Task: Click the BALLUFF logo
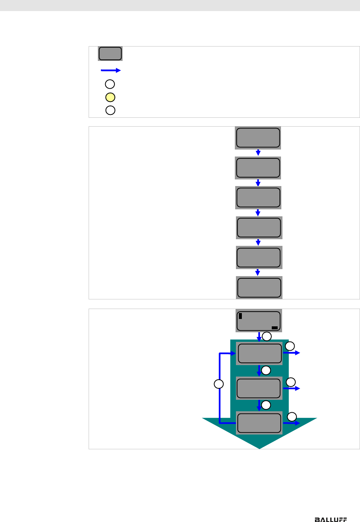tap(330, 519)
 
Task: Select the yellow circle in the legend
tap(110, 97)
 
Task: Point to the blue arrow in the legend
tap(111, 70)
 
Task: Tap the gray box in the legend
tap(110, 54)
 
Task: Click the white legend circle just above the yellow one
tap(110, 84)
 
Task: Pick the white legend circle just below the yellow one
tap(110, 110)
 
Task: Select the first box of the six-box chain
tap(258, 138)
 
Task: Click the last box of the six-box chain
tap(259, 288)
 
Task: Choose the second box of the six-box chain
tap(258, 168)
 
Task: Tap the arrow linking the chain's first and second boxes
tap(258, 152)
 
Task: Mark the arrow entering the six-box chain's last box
tap(258, 272)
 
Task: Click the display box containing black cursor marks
tap(258, 321)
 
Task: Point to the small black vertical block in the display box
tap(240, 316)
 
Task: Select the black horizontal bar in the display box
tap(274, 328)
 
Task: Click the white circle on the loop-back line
tap(219, 384)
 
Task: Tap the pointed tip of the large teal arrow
tap(260, 447)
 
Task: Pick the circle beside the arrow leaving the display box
tap(267, 336)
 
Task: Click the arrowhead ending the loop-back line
tap(233, 353)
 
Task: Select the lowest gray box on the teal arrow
tap(259, 423)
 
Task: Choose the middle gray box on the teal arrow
tap(258, 388)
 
